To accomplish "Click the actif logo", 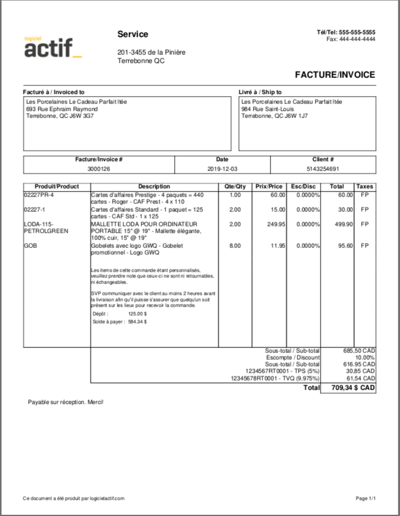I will pyautogui.click(x=53, y=47).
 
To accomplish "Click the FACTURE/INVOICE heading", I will pyautogui.click(x=335, y=75).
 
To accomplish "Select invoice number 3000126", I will pyautogui.click(x=99, y=169).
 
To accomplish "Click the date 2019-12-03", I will pyautogui.click(x=223, y=169).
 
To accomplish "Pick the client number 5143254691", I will pyautogui.click(x=323, y=169).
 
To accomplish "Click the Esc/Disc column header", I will pyautogui.click(x=304, y=186).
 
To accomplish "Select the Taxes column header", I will pyautogui.click(x=365, y=186).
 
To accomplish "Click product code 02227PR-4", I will pyautogui.click(x=38, y=195).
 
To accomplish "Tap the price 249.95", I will pyautogui.click(x=275, y=224).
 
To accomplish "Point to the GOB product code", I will pyautogui.click(x=29, y=246).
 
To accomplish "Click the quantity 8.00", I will pyautogui.click(x=235, y=246).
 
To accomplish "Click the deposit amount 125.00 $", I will pyautogui.click(x=137, y=314).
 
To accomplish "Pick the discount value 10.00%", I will pyautogui.click(x=365, y=357).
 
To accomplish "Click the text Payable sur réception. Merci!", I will pyautogui.click(x=66, y=402).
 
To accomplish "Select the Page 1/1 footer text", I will pyautogui.click(x=366, y=498).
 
